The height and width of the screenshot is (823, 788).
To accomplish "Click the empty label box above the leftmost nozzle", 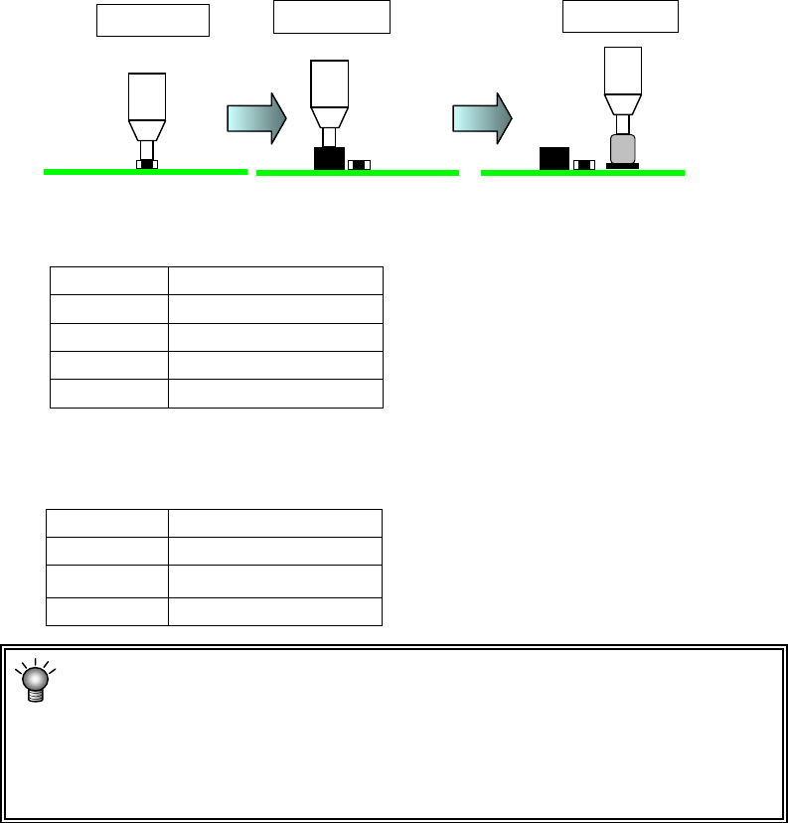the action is [x=153, y=20].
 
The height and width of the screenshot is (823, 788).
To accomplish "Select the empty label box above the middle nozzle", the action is [x=332, y=17].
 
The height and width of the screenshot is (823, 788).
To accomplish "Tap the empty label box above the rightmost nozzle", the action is [x=620, y=17].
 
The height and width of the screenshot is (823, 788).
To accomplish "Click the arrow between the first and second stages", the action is [x=256, y=118].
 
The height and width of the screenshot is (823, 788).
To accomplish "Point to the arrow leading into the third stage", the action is [x=482, y=118].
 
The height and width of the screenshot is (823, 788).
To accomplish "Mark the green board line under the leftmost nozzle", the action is [x=145, y=172].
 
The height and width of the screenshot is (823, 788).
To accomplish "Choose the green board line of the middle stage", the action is [x=358, y=173].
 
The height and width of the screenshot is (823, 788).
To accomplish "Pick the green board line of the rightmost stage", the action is [x=582, y=173].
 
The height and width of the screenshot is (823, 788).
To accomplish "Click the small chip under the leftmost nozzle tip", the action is [x=147, y=164].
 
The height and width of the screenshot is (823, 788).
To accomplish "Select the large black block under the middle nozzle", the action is [x=329, y=158].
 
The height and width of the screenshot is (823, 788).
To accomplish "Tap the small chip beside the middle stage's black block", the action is [x=359, y=164].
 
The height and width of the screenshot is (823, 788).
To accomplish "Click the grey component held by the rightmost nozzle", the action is [x=623, y=149].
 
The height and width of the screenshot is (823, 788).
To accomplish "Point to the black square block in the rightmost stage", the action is [x=553, y=158].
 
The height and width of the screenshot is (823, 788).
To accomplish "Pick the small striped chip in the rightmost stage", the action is [x=584, y=164].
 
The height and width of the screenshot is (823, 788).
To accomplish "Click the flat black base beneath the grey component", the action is [x=622, y=166].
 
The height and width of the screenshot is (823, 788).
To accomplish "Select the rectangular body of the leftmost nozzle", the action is [x=147, y=96].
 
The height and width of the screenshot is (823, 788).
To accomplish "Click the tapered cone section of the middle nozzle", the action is [x=328, y=119].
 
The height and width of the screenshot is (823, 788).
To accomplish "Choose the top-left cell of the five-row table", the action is [x=109, y=280].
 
